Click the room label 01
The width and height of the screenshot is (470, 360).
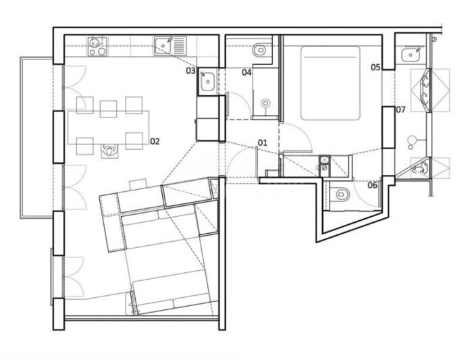(x=262, y=143)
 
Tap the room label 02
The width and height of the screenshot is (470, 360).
(x=155, y=141)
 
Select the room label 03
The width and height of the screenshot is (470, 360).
(x=190, y=71)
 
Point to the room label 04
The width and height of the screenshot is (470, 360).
(x=246, y=72)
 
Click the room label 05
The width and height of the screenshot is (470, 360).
(x=375, y=67)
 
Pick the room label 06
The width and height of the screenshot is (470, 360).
(x=373, y=185)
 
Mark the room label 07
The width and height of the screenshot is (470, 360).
(x=400, y=109)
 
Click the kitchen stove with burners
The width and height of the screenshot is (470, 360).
(x=97, y=47)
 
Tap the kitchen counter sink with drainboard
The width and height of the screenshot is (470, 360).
(x=170, y=46)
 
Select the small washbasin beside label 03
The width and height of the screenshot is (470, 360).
(x=207, y=82)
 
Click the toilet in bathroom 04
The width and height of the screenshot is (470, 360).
(x=259, y=49)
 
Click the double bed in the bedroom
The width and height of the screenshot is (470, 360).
(x=330, y=83)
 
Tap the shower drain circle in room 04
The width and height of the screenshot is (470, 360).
(x=265, y=103)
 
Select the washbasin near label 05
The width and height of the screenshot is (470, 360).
(x=411, y=55)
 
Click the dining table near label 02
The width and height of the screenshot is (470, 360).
(x=109, y=128)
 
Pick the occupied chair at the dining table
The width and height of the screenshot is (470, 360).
(x=109, y=150)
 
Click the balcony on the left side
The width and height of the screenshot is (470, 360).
(x=36, y=137)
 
